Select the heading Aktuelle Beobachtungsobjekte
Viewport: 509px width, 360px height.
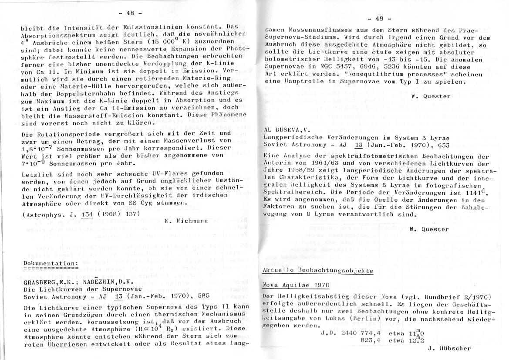pos(318,271)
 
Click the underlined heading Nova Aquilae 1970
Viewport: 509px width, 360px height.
pos(296,285)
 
